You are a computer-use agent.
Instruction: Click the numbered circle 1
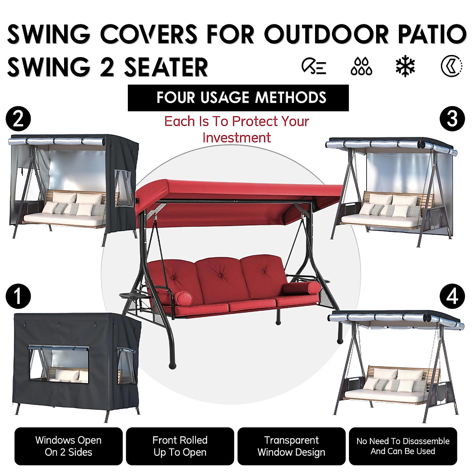18,296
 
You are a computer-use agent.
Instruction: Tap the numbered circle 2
18,119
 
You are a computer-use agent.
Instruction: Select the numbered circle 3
452,119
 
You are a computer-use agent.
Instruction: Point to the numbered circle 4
452,296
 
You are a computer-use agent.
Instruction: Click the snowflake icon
405,66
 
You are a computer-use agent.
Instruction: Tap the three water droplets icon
361,66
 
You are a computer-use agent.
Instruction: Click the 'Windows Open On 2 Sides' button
68,446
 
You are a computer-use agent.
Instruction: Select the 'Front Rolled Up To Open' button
180,446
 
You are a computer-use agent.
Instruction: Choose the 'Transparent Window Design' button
291,446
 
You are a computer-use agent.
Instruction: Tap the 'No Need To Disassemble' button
403,446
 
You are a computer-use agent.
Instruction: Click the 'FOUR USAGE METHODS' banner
238,98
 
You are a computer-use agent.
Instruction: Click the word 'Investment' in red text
236,138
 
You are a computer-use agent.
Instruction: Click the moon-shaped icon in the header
451,66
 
